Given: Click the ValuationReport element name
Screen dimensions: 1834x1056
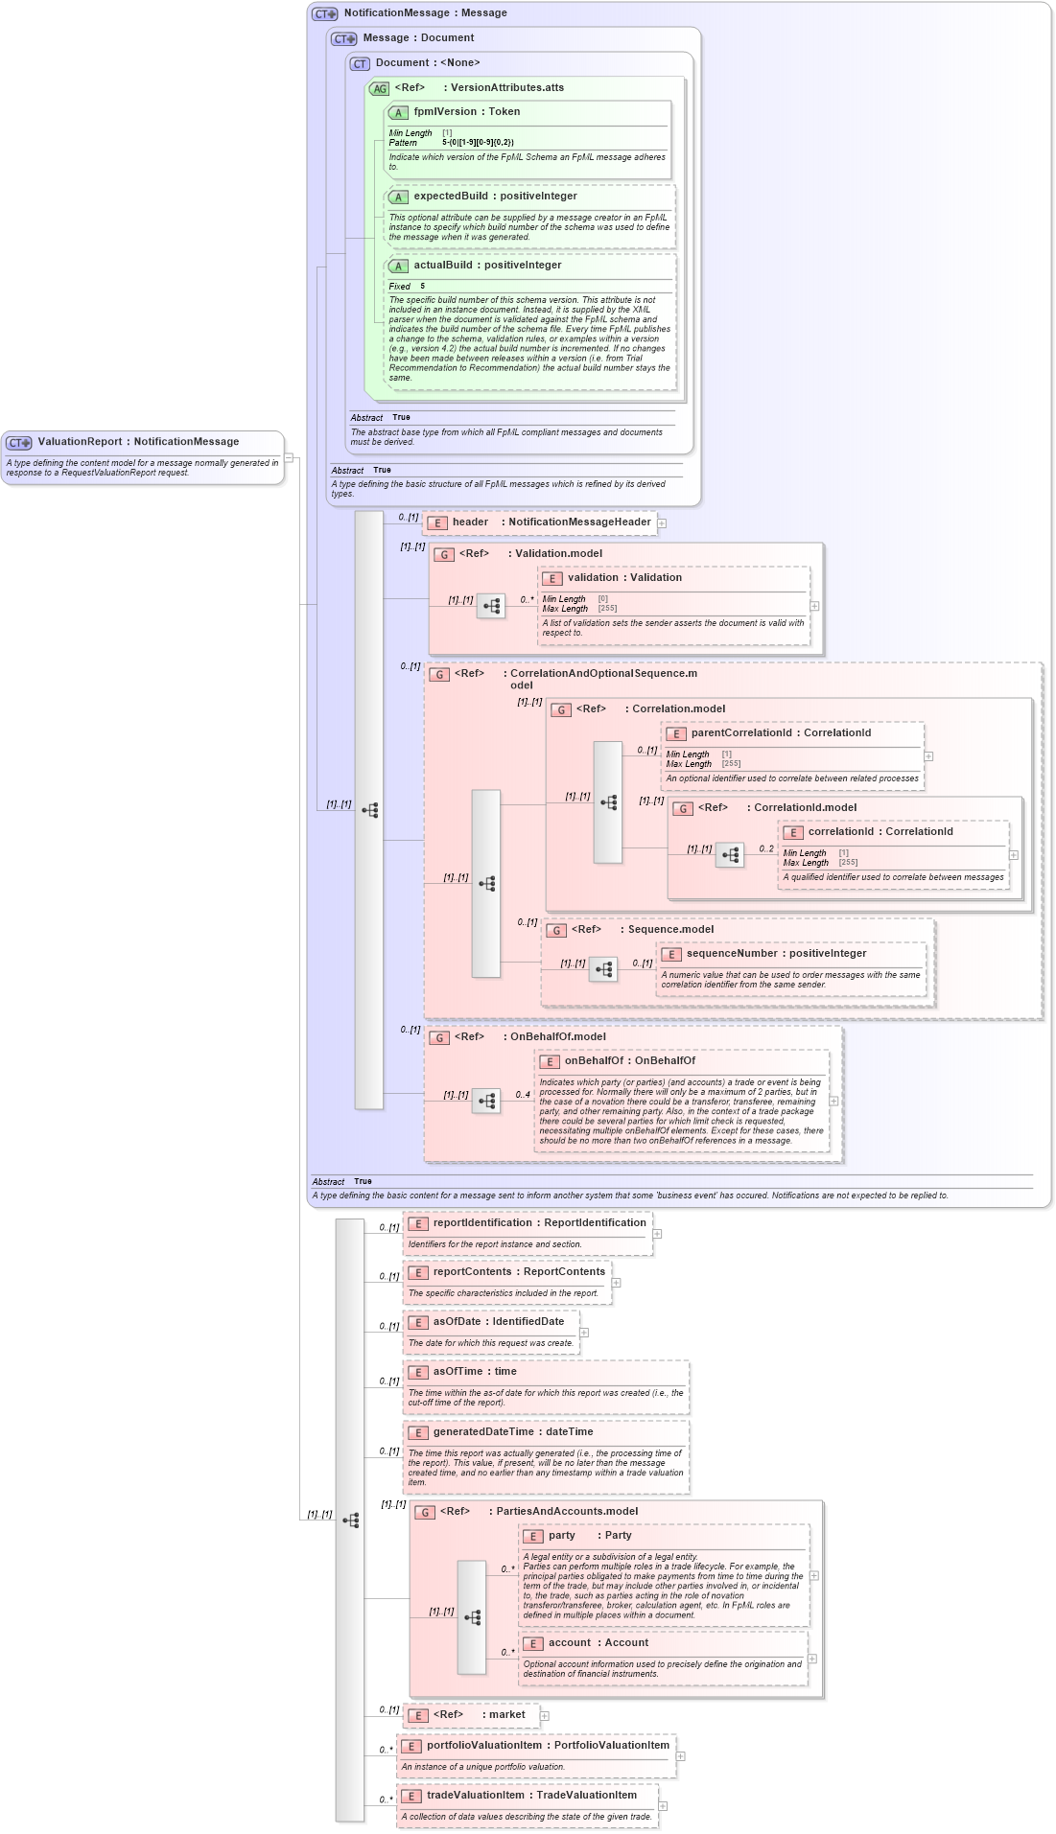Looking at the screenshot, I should (81, 442).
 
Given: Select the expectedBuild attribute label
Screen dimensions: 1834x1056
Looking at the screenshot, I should (454, 197).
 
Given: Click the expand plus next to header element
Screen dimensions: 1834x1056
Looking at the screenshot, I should (662, 523).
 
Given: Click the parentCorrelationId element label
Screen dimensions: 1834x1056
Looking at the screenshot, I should (741, 733).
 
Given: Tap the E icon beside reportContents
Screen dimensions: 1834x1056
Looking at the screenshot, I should (418, 1273).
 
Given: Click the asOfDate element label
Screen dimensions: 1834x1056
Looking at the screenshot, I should (457, 1322).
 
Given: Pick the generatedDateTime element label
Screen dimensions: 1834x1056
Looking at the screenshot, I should (483, 1432).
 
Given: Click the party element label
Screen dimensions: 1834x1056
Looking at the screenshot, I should (562, 1536).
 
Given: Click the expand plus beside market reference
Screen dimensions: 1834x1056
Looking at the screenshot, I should (544, 1716).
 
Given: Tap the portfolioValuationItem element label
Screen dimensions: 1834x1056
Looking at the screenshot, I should (484, 1746).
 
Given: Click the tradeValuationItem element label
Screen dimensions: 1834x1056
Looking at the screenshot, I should (476, 1796).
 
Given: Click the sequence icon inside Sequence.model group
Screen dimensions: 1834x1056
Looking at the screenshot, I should (603, 969).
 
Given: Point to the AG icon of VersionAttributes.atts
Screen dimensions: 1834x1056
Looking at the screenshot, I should (380, 89).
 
